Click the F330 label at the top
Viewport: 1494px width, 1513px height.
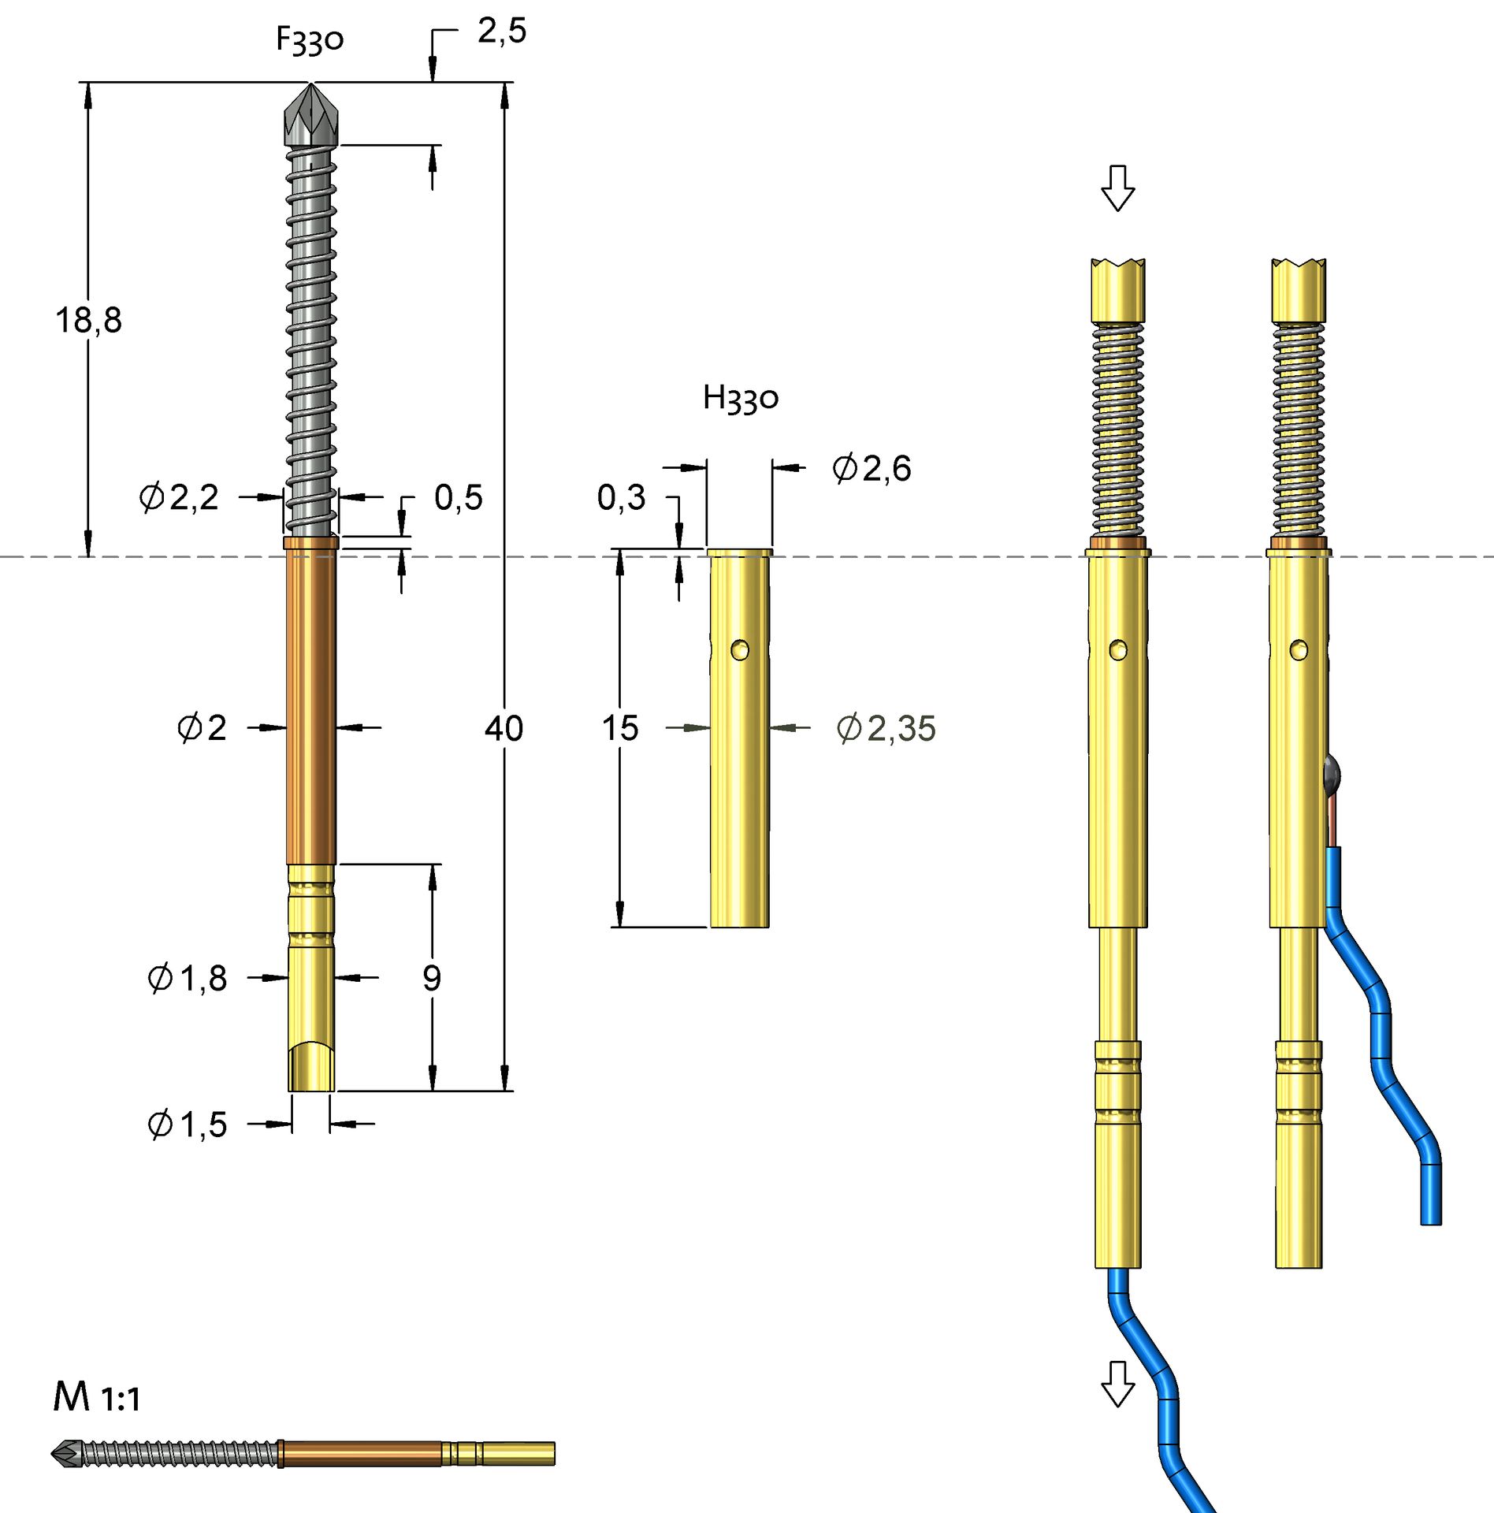point(310,39)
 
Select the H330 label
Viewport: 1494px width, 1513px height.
point(740,398)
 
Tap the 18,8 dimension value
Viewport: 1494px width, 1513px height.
point(88,321)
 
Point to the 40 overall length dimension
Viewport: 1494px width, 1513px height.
point(504,728)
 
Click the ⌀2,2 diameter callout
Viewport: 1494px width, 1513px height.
point(180,498)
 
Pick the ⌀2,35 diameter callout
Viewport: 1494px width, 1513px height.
point(886,729)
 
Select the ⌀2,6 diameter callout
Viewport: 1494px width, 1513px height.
point(871,469)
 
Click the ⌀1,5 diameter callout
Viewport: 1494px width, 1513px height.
point(188,1125)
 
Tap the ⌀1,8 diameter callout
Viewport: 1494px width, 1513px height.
point(188,979)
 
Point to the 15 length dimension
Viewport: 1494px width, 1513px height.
point(620,728)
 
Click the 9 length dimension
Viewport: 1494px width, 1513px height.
point(432,979)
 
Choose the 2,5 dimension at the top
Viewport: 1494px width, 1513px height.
point(502,32)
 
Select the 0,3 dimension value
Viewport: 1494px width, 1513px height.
point(621,498)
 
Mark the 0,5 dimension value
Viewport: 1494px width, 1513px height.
point(459,498)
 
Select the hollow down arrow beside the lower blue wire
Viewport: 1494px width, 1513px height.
point(1117,1384)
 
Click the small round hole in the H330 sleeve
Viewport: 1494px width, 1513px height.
point(740,650)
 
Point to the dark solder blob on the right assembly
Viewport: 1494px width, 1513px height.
point(1331,772)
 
